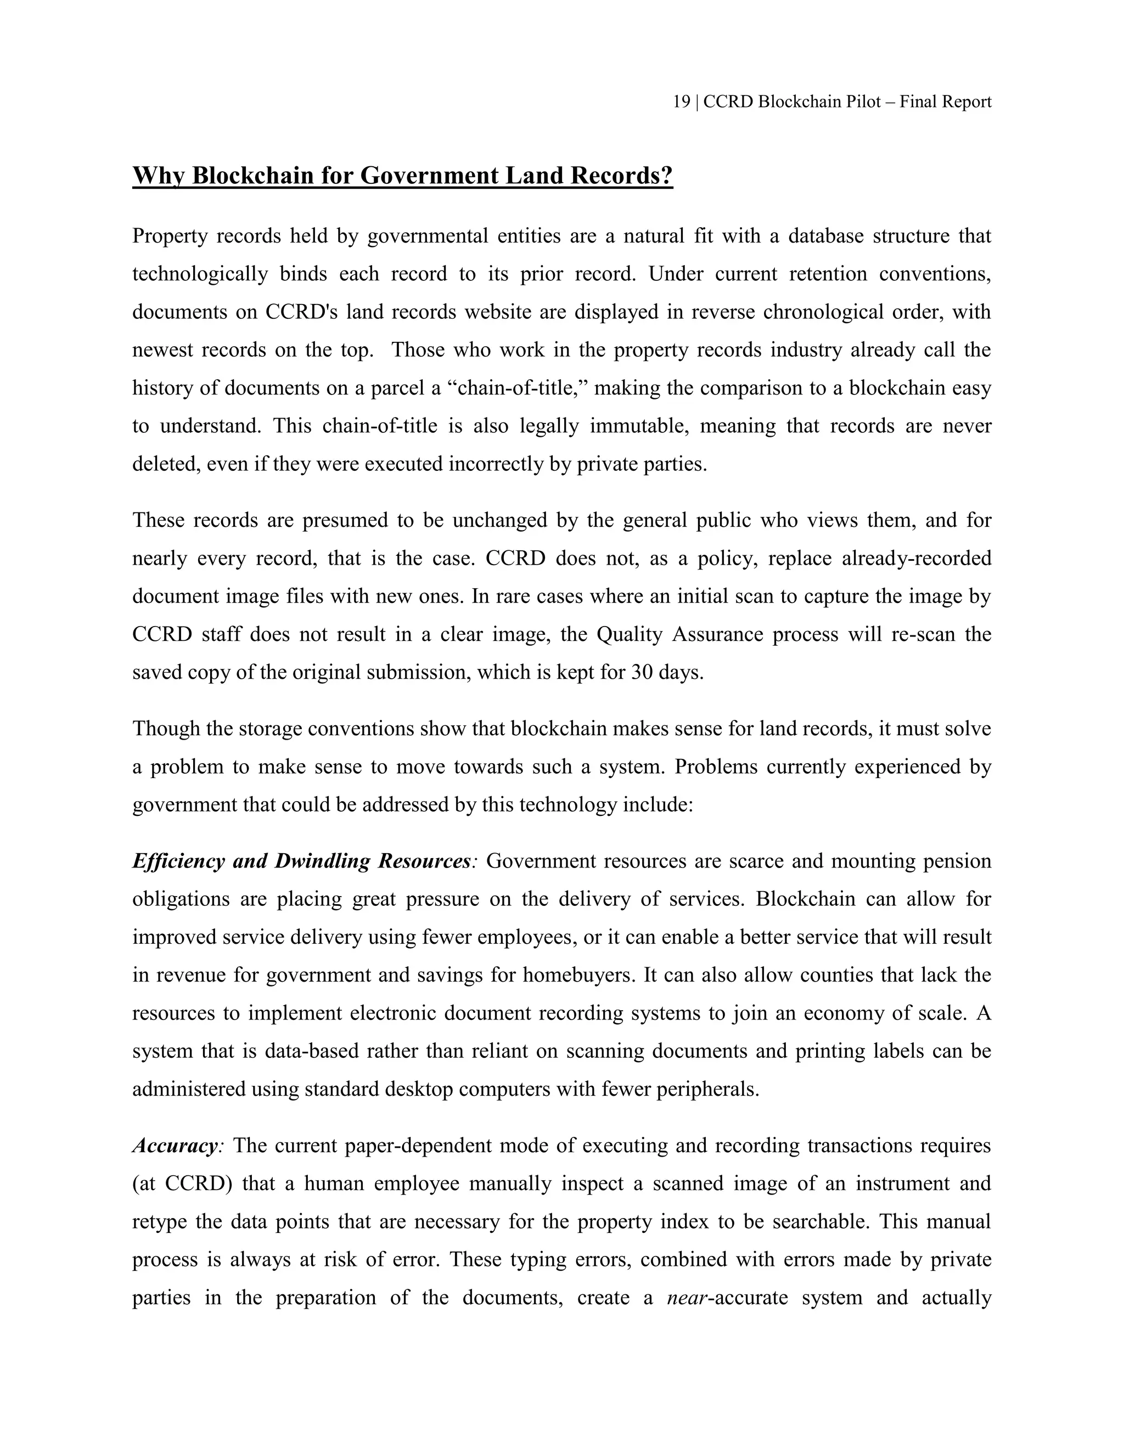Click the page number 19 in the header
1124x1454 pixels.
(681, 102)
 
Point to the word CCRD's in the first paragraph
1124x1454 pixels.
(294, 312)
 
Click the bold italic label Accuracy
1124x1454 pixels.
(175, 1146)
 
